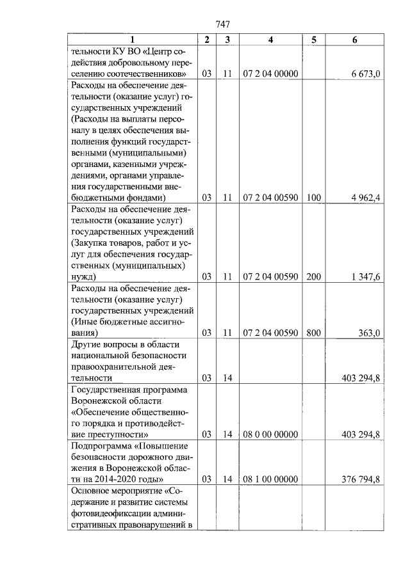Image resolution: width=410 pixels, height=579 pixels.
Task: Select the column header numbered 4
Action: pyautogui.click(x=270, y=40)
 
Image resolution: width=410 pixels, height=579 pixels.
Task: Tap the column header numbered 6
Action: pyautogui.click(x=355, y=40)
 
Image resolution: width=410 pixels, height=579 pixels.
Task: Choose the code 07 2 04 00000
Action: pyautogui.click(x=271, y=74)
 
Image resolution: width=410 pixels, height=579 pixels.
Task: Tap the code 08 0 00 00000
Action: pyautogui.click(x=271, y=434)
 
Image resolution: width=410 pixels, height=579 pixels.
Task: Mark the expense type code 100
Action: pyautogui.click(x=313, y=198)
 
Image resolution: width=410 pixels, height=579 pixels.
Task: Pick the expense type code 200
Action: pyautogui.click(x=313, y=277)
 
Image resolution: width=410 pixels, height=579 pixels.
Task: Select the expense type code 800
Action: pyautogui.click(x=313, y=333)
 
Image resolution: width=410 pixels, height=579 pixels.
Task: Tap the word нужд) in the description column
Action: pyautogui.click(x=84, y=277)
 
